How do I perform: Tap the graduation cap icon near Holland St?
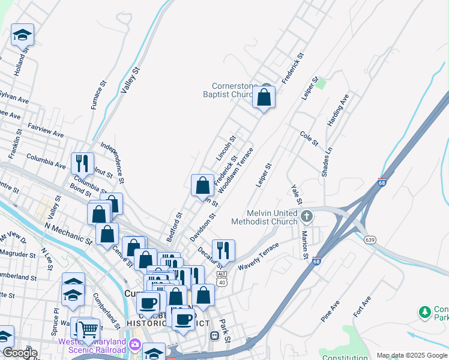click(x=22, y=35)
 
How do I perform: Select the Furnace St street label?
click(x=98, y=95)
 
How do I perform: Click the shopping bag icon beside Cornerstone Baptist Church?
click(x=264, y=97)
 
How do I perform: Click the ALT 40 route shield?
click(x=222, y=278)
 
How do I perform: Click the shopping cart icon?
click(x=88, y=328)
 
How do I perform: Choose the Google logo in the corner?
click(x=20, y=353)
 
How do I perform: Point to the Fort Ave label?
click(x=362, y=307)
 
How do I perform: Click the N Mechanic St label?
click(x=68, y=234)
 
